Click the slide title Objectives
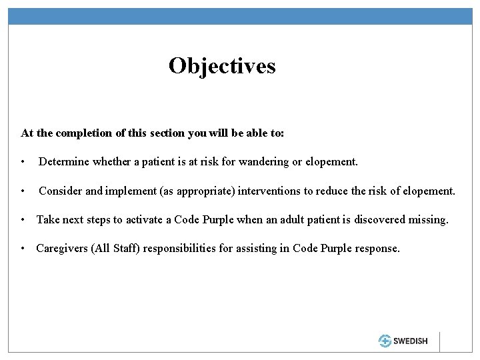pyautogui.click(x=222, y=66)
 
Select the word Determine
pyautogui.click(x=65, y=162)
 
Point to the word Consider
pyautogui.click(x=61, y=191)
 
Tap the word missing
pyautogui.click(x=425, y=219)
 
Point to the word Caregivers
pyautogui.click(x=63, y=248)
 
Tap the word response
pyautogui.click(x=377, y=248)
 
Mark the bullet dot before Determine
pyautogui.click(x=24, y=163)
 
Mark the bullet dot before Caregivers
pyautogui.click(x=24, y=249)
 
